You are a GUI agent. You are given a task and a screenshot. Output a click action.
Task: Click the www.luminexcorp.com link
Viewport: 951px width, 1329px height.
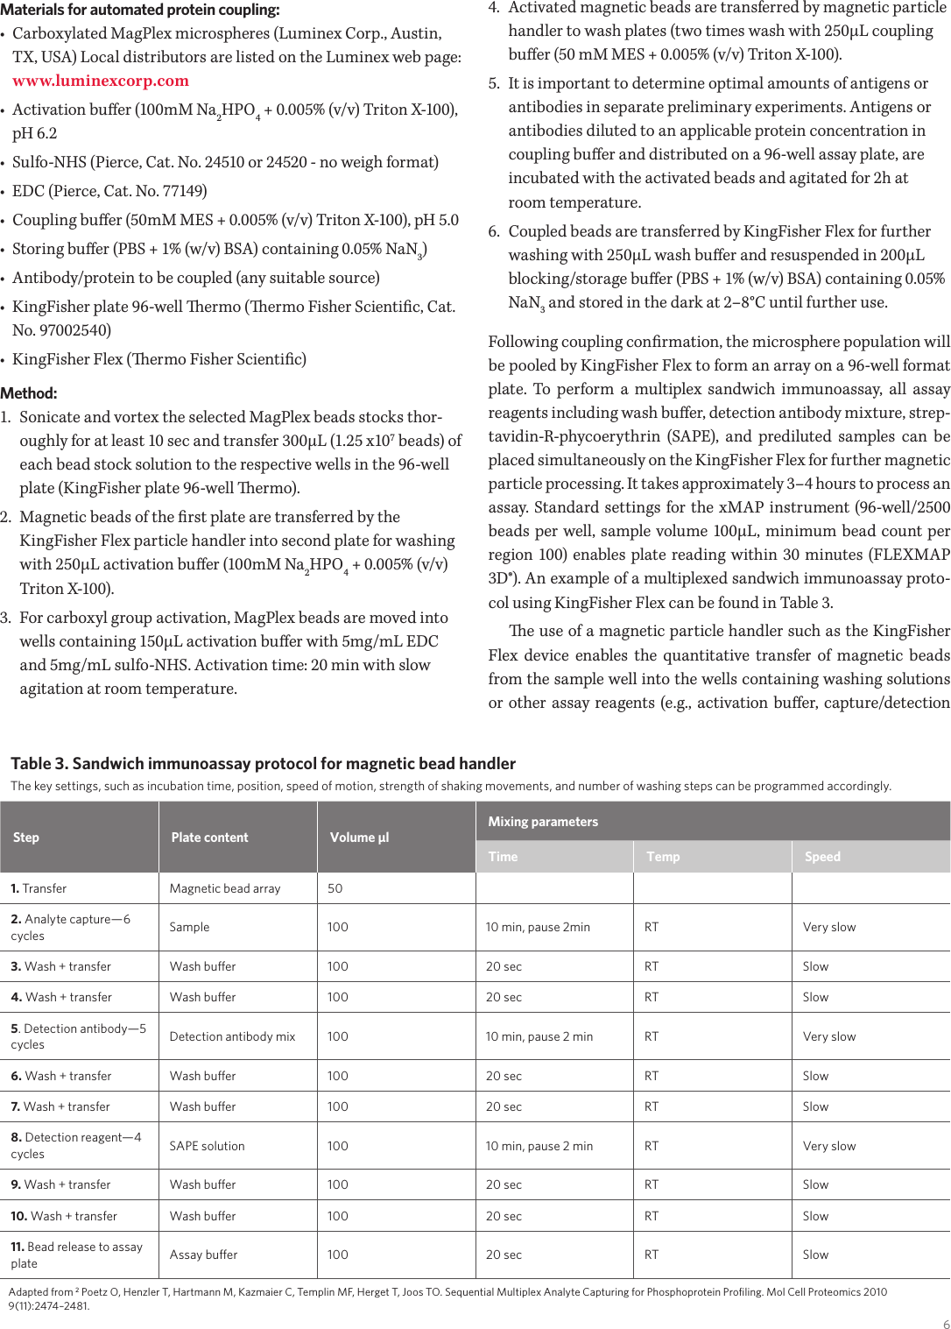pos(100,81)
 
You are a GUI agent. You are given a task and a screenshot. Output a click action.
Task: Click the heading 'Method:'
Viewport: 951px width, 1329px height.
pos(29,393)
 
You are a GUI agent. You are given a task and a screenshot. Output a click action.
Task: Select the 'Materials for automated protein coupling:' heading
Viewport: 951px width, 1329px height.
pos(140,11)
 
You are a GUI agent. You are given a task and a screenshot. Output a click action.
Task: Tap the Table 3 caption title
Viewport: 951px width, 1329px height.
pos(263,763)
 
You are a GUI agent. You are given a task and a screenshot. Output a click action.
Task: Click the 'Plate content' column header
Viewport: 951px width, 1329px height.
pos(209,838)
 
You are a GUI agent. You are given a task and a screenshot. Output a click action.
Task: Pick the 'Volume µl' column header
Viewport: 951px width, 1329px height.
pos(359,838)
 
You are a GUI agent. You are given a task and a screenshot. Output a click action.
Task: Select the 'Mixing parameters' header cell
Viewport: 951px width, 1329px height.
pos(543,822)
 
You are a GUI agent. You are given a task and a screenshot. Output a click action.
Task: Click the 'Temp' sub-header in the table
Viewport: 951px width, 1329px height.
pos(663,857)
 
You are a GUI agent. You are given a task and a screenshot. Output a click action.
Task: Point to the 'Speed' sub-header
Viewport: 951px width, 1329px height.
pos(822,857)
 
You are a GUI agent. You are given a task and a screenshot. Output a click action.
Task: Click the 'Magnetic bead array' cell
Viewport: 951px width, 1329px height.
pos(225,888)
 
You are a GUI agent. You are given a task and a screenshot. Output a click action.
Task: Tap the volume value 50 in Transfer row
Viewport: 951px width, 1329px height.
pos(335,888)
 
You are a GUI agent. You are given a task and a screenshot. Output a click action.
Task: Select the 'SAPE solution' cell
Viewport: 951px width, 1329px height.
pos(207,1146)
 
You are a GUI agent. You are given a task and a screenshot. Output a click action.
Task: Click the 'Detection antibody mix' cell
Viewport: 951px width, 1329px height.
pos(232,1036)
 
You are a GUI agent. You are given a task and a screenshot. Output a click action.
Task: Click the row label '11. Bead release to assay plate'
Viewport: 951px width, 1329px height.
pos(76,1255)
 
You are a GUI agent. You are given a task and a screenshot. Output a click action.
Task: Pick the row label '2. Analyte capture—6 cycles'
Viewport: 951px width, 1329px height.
pos(70,927)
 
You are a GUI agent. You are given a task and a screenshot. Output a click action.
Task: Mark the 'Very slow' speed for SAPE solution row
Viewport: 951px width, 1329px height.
pos(829,1146)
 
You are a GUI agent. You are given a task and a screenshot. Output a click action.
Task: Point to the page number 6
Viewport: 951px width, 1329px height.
pos(946,1324)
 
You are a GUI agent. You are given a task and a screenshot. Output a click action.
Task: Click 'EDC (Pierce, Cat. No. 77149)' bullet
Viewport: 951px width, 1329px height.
pos(109,191)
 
